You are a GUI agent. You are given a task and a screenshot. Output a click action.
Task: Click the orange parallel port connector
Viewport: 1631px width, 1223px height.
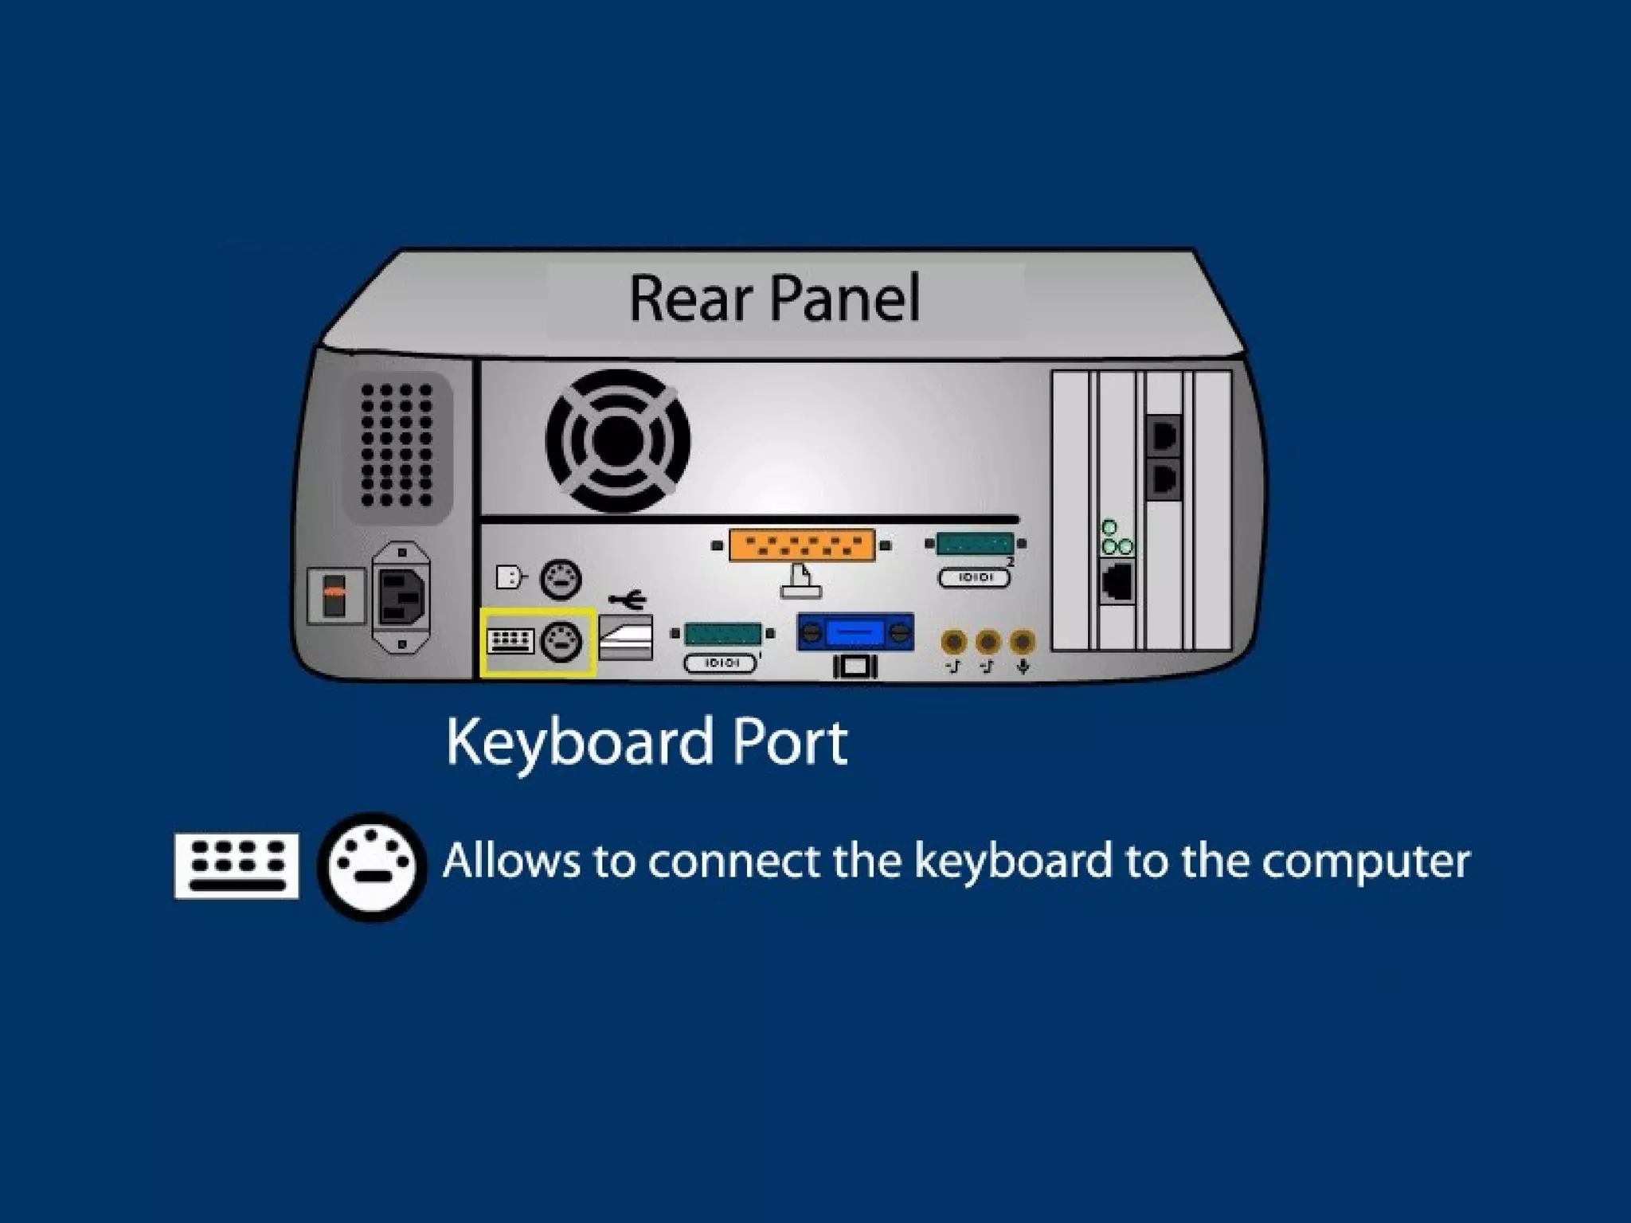(801, 545)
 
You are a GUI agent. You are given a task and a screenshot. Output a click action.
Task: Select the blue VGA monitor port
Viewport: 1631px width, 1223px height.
(855, 633)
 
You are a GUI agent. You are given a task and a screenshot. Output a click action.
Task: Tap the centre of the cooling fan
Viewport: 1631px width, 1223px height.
(617, 440)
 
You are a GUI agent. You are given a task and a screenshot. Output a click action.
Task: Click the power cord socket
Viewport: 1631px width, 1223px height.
(401, 596)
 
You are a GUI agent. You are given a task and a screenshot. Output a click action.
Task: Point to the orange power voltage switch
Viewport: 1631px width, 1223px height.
(334, 593)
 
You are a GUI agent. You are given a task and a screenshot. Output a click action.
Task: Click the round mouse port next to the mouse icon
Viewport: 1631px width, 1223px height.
(561, 579)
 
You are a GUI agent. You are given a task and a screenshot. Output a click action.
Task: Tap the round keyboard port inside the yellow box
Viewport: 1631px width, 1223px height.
(561, 641)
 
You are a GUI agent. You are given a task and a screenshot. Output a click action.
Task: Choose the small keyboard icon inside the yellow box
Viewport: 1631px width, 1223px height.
(510, 640)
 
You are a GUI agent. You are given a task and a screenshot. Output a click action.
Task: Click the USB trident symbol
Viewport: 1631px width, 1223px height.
(628, 598)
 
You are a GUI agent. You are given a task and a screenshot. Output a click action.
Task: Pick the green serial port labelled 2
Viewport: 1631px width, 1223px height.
(975, 544)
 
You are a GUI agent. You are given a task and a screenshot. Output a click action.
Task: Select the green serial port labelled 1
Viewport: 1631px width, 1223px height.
(722, 633)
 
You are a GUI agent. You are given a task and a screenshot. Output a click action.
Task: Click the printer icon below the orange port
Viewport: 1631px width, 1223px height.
(801, 581)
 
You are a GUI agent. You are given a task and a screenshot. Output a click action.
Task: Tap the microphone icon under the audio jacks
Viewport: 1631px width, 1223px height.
(1023, 666)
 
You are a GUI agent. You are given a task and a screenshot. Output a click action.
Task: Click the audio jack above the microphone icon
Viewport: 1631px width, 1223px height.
(1023, 641)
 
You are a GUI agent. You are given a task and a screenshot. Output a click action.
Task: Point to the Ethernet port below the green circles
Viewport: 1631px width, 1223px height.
(1117, 582)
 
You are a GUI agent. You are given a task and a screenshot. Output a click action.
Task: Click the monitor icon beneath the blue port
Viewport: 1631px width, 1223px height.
(855, 666)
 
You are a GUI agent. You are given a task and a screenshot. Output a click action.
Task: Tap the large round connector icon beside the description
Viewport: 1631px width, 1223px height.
(372, 866)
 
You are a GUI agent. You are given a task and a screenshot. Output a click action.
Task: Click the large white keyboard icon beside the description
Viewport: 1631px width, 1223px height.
(237, 866)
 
